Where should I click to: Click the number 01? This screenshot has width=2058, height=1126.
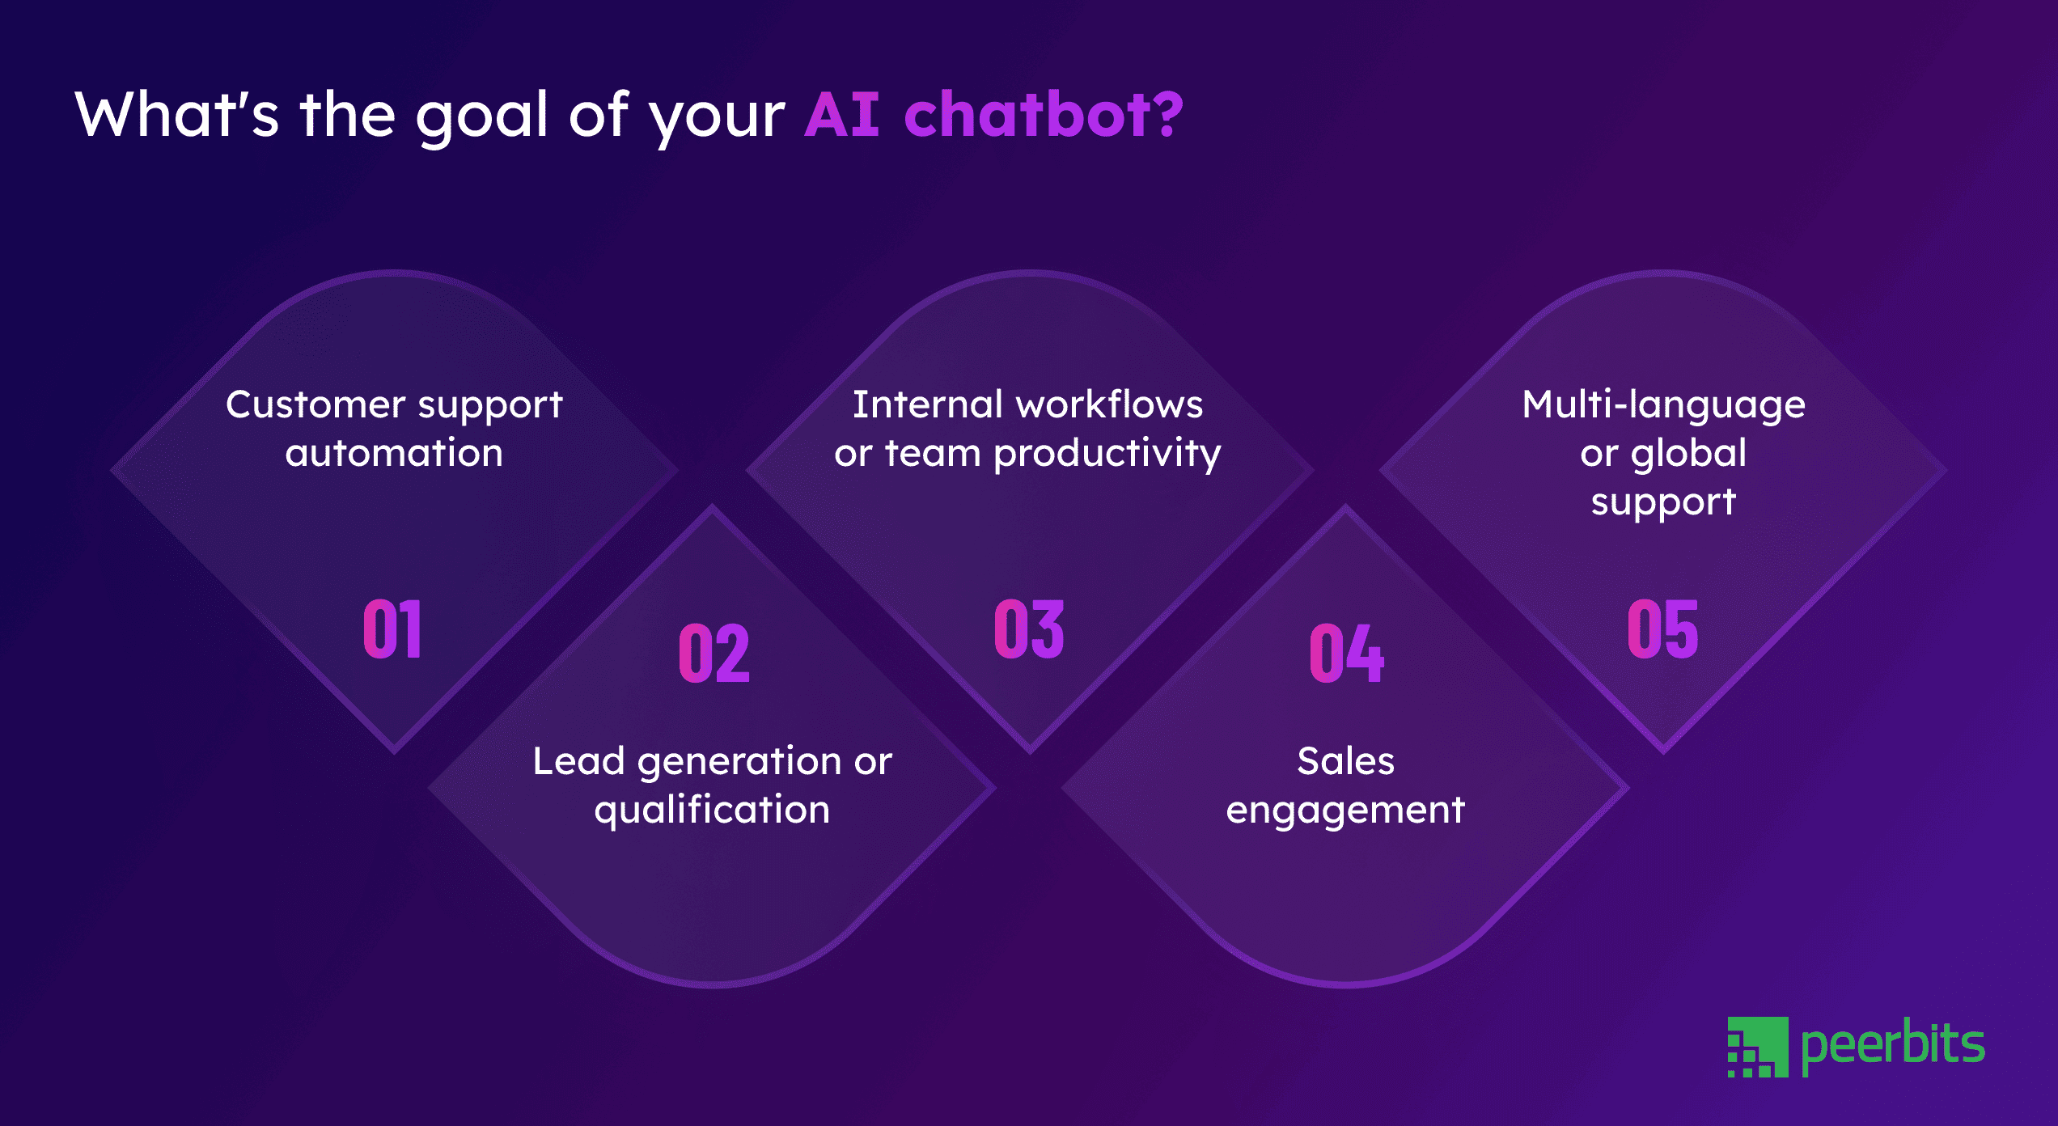[392, 629]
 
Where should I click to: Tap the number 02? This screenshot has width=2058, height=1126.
[714, 653]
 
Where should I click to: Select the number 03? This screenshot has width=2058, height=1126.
[1029, 629]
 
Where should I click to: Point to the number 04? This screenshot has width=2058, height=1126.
[1346, 653]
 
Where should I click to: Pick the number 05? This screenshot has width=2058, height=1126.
[1662, 629]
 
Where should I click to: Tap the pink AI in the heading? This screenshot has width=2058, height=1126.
[842, 115]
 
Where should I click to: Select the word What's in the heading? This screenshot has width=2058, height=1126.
[176, 115]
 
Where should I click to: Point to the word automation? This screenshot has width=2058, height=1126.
[394, 453]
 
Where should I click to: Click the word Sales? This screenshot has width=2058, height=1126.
[1345, 761]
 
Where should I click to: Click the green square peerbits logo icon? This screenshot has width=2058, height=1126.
[1757, 1047]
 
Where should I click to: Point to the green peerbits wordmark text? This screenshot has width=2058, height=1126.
[1893, 1045]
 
